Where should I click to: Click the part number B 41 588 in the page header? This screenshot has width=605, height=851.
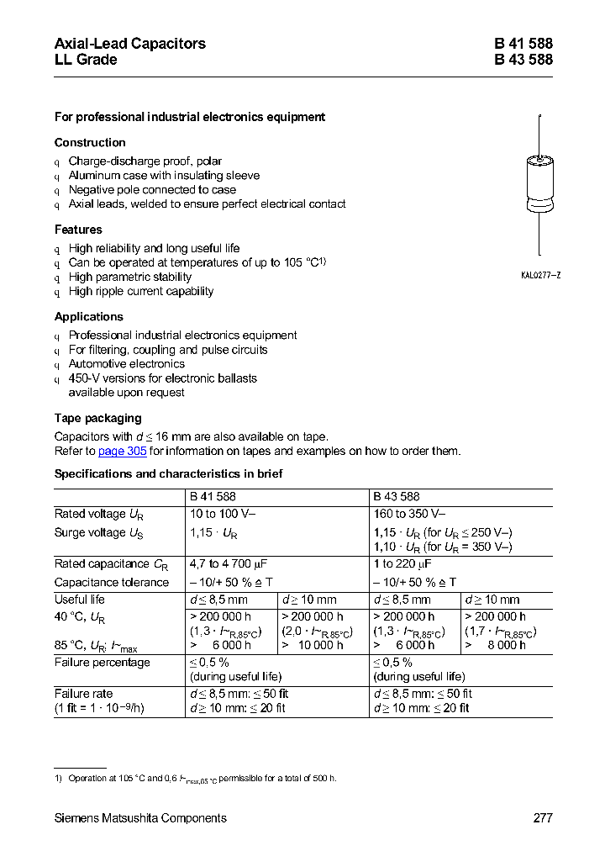click(523, 44)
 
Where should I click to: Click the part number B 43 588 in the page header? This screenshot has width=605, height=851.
click(523, 60)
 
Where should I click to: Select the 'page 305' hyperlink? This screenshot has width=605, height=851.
click(123, 451)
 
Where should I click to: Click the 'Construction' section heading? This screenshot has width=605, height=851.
click(90, 143)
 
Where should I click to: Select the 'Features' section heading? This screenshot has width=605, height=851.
click(78, 230)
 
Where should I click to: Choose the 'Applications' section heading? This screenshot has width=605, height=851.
click(88, 317)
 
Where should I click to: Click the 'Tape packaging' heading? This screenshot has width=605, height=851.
click(97, 418)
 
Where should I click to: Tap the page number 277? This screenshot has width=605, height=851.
click(542, 818)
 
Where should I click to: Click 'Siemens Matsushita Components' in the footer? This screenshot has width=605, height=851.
click(140, 818)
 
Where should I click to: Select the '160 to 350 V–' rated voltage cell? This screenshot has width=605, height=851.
click(409, 514)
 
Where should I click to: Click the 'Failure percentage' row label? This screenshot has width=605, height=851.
click(103, 663)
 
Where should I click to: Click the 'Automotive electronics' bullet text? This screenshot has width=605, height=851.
click(127, 364)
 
